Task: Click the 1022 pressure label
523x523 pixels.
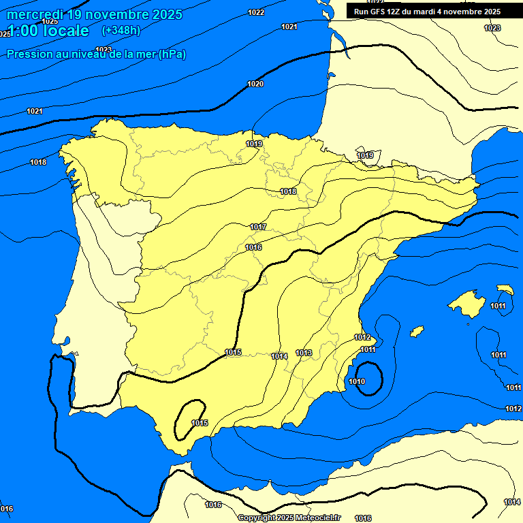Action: pyautogui.click(x=257, y=12)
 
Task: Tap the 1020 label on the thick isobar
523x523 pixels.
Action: pyautogui.click(x=255, y=84)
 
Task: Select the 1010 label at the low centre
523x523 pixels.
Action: pyautogui.click(x=357, y=381)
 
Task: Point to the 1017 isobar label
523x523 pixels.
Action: pyautogui.click(x=258, y=227)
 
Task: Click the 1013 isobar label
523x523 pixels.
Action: pyautogui.click(x=304, y=353)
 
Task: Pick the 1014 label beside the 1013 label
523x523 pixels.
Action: pyautogui.click(x=279, y=356)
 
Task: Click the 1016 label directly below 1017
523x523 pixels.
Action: pyautogui.click(x=253, y=247)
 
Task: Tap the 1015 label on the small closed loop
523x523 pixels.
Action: pyautogui.click(x=200, y=423)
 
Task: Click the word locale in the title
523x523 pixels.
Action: pyautogui.click(x=66, y=31)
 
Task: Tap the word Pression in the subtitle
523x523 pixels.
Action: pyautogui.click(x=29, y=54)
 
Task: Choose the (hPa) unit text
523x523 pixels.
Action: pyautogui.click(x=172, y=54)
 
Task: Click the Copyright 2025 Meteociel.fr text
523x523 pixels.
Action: pyautogui.click(x=289, y=518)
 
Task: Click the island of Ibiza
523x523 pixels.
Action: pyautogui.click(x=417, y=331)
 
